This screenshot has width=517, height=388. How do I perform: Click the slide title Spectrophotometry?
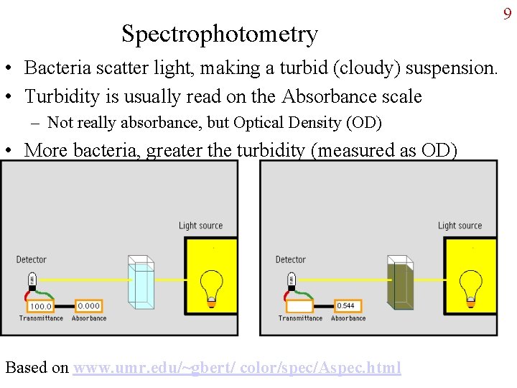pyautogui.click(x=219, y=34)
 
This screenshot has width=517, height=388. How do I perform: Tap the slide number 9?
pyautogui.click(x=507, y=14)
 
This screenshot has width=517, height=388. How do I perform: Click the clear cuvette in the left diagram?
pyautogui.click(x=141, y=283)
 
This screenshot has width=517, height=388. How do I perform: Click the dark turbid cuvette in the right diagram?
pyautogui.click(x=400, y=283)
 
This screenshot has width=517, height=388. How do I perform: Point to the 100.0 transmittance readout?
pyautogui.click(x=40, y=307)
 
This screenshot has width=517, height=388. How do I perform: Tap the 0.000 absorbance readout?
pyautogui.click(x=88, y=306)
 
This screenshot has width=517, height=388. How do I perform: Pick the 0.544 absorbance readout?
pyautogui.click(x=345, y=306)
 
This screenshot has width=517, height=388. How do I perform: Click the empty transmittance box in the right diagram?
pyautogui.click(x=299, y=307)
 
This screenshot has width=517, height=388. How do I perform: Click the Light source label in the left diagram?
pyautogui.click(x=201, y=226)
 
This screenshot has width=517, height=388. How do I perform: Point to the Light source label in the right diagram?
pyautogui.click(x=460, y=226)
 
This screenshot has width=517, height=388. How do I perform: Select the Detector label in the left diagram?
pyautogui.click(x=32, y=259)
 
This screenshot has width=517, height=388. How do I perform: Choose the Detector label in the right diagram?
pyautogui.click(x=291, y=259)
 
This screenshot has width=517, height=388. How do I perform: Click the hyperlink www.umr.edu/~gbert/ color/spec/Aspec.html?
pyautogui.click(x=237, y=368)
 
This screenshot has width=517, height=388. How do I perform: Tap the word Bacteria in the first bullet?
pyautogui.click(x=56, y=68)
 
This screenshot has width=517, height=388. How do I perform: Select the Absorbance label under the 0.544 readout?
pyautogui.click(x=348, y=318)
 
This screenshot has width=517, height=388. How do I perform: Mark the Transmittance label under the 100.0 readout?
pyautogui.click(x=41, y=318)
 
